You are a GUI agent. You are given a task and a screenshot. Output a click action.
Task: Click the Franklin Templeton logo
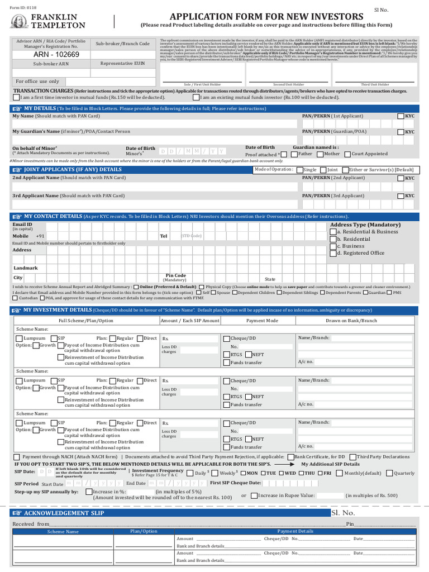[48, 21]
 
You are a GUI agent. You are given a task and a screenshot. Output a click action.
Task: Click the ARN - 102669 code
[56, 55]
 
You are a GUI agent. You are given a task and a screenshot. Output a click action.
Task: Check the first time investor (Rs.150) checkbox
[16, 97]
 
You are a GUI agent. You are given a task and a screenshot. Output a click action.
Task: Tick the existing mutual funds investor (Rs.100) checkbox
[196, 97]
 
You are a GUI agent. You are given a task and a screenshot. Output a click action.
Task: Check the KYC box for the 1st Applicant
[401, 116]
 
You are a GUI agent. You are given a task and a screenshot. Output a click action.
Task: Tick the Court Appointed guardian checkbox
[347, 154]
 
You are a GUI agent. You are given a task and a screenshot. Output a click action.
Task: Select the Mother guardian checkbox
[319, 154]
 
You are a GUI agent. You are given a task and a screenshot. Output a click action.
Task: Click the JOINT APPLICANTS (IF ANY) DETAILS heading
[73, 169]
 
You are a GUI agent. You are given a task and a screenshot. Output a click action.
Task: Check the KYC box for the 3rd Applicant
[401, 196]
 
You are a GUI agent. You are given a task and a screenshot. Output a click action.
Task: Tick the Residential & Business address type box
[333, 232]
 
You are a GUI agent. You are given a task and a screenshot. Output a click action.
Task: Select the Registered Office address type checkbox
[333, 253]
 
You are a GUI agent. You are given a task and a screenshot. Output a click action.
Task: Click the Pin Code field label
[176, 275]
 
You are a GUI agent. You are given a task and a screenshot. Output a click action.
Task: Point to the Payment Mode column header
[262, 321]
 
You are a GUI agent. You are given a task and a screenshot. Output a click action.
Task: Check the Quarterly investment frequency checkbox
[389, 473]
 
